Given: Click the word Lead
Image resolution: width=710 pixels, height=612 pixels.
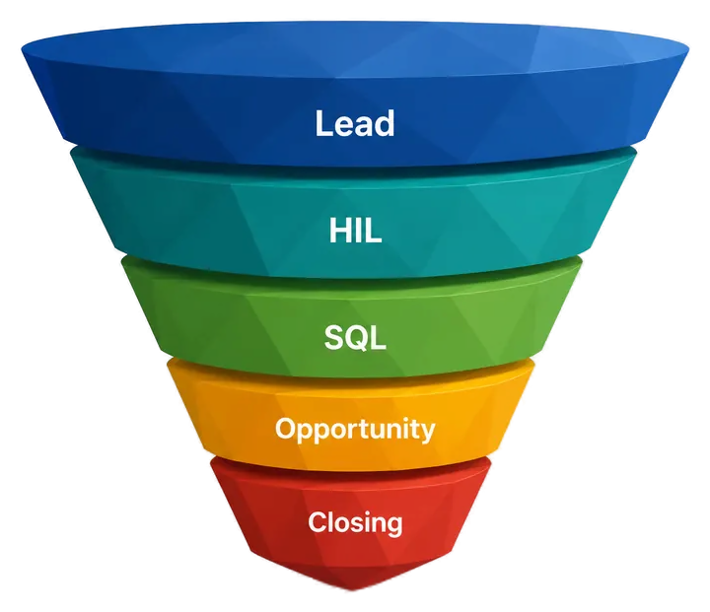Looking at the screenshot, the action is coord(355,123).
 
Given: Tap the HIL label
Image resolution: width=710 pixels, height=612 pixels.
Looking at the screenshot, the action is coord(355,231).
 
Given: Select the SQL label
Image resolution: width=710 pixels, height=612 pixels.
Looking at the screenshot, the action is coord(355,338).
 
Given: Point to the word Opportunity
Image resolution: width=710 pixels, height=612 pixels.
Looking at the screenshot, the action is coord(355,429).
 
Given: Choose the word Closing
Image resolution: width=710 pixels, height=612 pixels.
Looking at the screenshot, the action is coord(355,523).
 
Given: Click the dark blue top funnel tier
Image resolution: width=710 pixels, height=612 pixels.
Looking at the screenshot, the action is coord(355,91).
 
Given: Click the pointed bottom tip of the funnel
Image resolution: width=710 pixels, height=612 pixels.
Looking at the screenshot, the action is coord(350,589).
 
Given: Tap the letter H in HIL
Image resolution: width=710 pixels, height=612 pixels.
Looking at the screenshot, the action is coord(340,231).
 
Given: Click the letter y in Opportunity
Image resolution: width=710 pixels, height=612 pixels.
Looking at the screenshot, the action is coord(427,432).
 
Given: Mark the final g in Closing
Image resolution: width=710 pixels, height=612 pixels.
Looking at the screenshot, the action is coord(393,525).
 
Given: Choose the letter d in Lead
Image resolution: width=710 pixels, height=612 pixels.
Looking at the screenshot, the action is coord(385,123).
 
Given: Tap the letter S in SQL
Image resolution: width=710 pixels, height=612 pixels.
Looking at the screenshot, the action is coord(335,338).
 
